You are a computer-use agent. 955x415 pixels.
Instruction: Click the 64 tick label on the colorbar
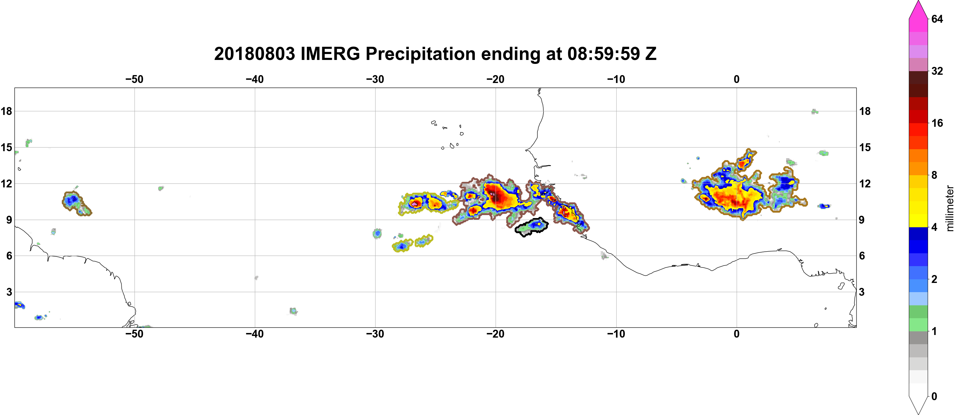click(937, 19)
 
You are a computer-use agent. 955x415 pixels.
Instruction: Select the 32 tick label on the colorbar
click(937, 71)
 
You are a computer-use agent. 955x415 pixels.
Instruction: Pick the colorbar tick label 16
click(937, 123)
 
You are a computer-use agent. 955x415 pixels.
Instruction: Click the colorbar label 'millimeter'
click(949, 208)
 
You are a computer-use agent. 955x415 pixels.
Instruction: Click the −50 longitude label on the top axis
click(134, 79)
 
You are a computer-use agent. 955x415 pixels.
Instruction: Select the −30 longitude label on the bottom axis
click(375, 334)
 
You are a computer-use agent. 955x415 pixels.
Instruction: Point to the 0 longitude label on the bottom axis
click(737, 334)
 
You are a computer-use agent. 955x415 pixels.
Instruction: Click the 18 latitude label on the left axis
click(6, 111)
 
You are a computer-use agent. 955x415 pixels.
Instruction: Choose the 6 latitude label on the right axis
click(862, 256)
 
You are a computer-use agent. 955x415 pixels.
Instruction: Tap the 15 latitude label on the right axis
click(865, 147)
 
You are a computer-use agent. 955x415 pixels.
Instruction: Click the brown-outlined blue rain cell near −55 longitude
click(75, 203)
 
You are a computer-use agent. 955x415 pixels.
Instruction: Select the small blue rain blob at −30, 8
click(377, 234)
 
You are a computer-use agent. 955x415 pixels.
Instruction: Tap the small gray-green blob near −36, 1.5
click(293, 311)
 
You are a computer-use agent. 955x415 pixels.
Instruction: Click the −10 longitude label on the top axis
click(616, 79)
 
